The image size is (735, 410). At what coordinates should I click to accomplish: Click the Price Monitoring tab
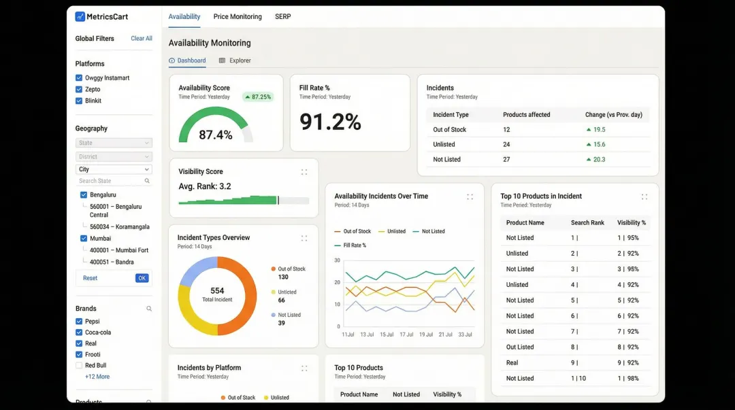pos(238,17)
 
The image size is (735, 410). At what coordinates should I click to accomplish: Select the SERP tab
pos(283,17)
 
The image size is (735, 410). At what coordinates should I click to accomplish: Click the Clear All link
pos(142,39)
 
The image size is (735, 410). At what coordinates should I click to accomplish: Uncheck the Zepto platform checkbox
pos(79,89)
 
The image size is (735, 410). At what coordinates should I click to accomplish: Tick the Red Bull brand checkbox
pos(79,365)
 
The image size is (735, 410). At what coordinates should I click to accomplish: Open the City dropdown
pos(114,169)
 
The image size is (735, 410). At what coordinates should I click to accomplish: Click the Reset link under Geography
pos(90,278)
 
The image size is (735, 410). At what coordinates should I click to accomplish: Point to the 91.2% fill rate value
pos(330,122)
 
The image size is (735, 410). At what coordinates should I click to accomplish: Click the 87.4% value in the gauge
pos(216,135)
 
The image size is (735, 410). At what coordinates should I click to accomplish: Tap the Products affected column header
pos(526,115)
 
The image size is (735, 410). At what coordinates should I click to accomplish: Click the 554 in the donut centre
pos(217,291)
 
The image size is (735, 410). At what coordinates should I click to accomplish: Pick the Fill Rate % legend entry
pos(355,245)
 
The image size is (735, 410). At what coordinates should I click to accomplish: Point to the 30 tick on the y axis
pos(337,260)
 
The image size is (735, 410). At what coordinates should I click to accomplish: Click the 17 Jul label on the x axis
pos(406,335)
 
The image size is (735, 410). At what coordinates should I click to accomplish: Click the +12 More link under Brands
pos(97,377)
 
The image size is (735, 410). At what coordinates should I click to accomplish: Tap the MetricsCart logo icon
pos(80,17)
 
